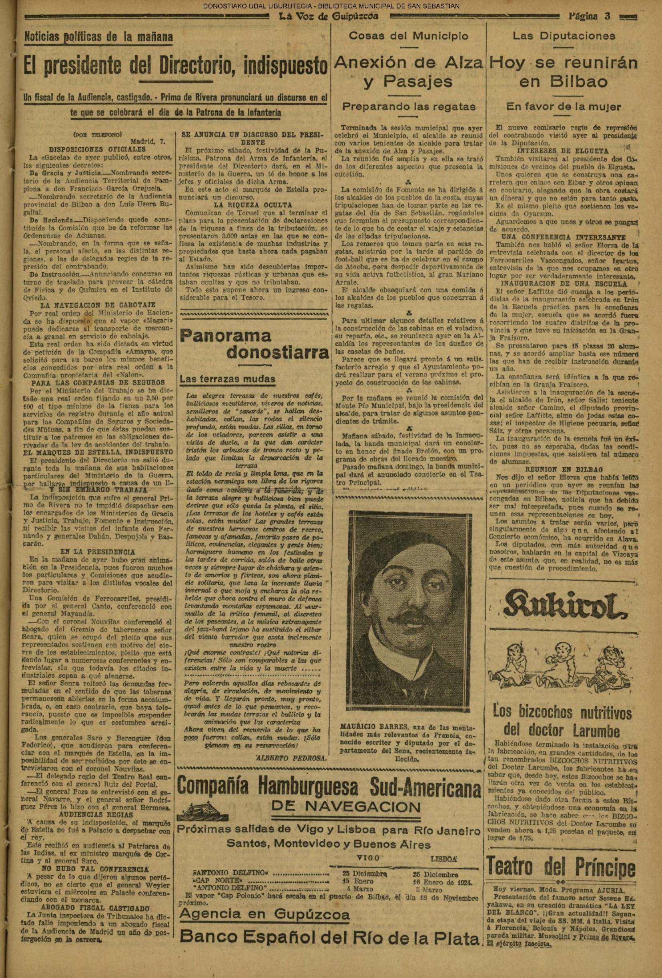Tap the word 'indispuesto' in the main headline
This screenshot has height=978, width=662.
point(285,66)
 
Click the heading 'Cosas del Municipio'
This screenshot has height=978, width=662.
point(408,36)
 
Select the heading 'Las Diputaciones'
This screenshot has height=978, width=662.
point(564,36)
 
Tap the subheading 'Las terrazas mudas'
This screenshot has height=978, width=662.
point(227,379)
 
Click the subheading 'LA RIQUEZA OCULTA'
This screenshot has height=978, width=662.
point(253,205)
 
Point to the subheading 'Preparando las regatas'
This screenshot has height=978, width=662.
point(408,106)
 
